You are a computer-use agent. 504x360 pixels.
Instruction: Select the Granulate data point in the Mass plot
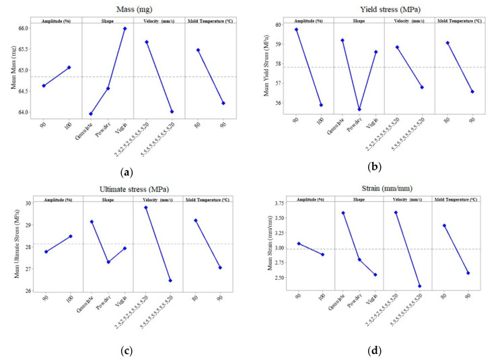tap(91, 114)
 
